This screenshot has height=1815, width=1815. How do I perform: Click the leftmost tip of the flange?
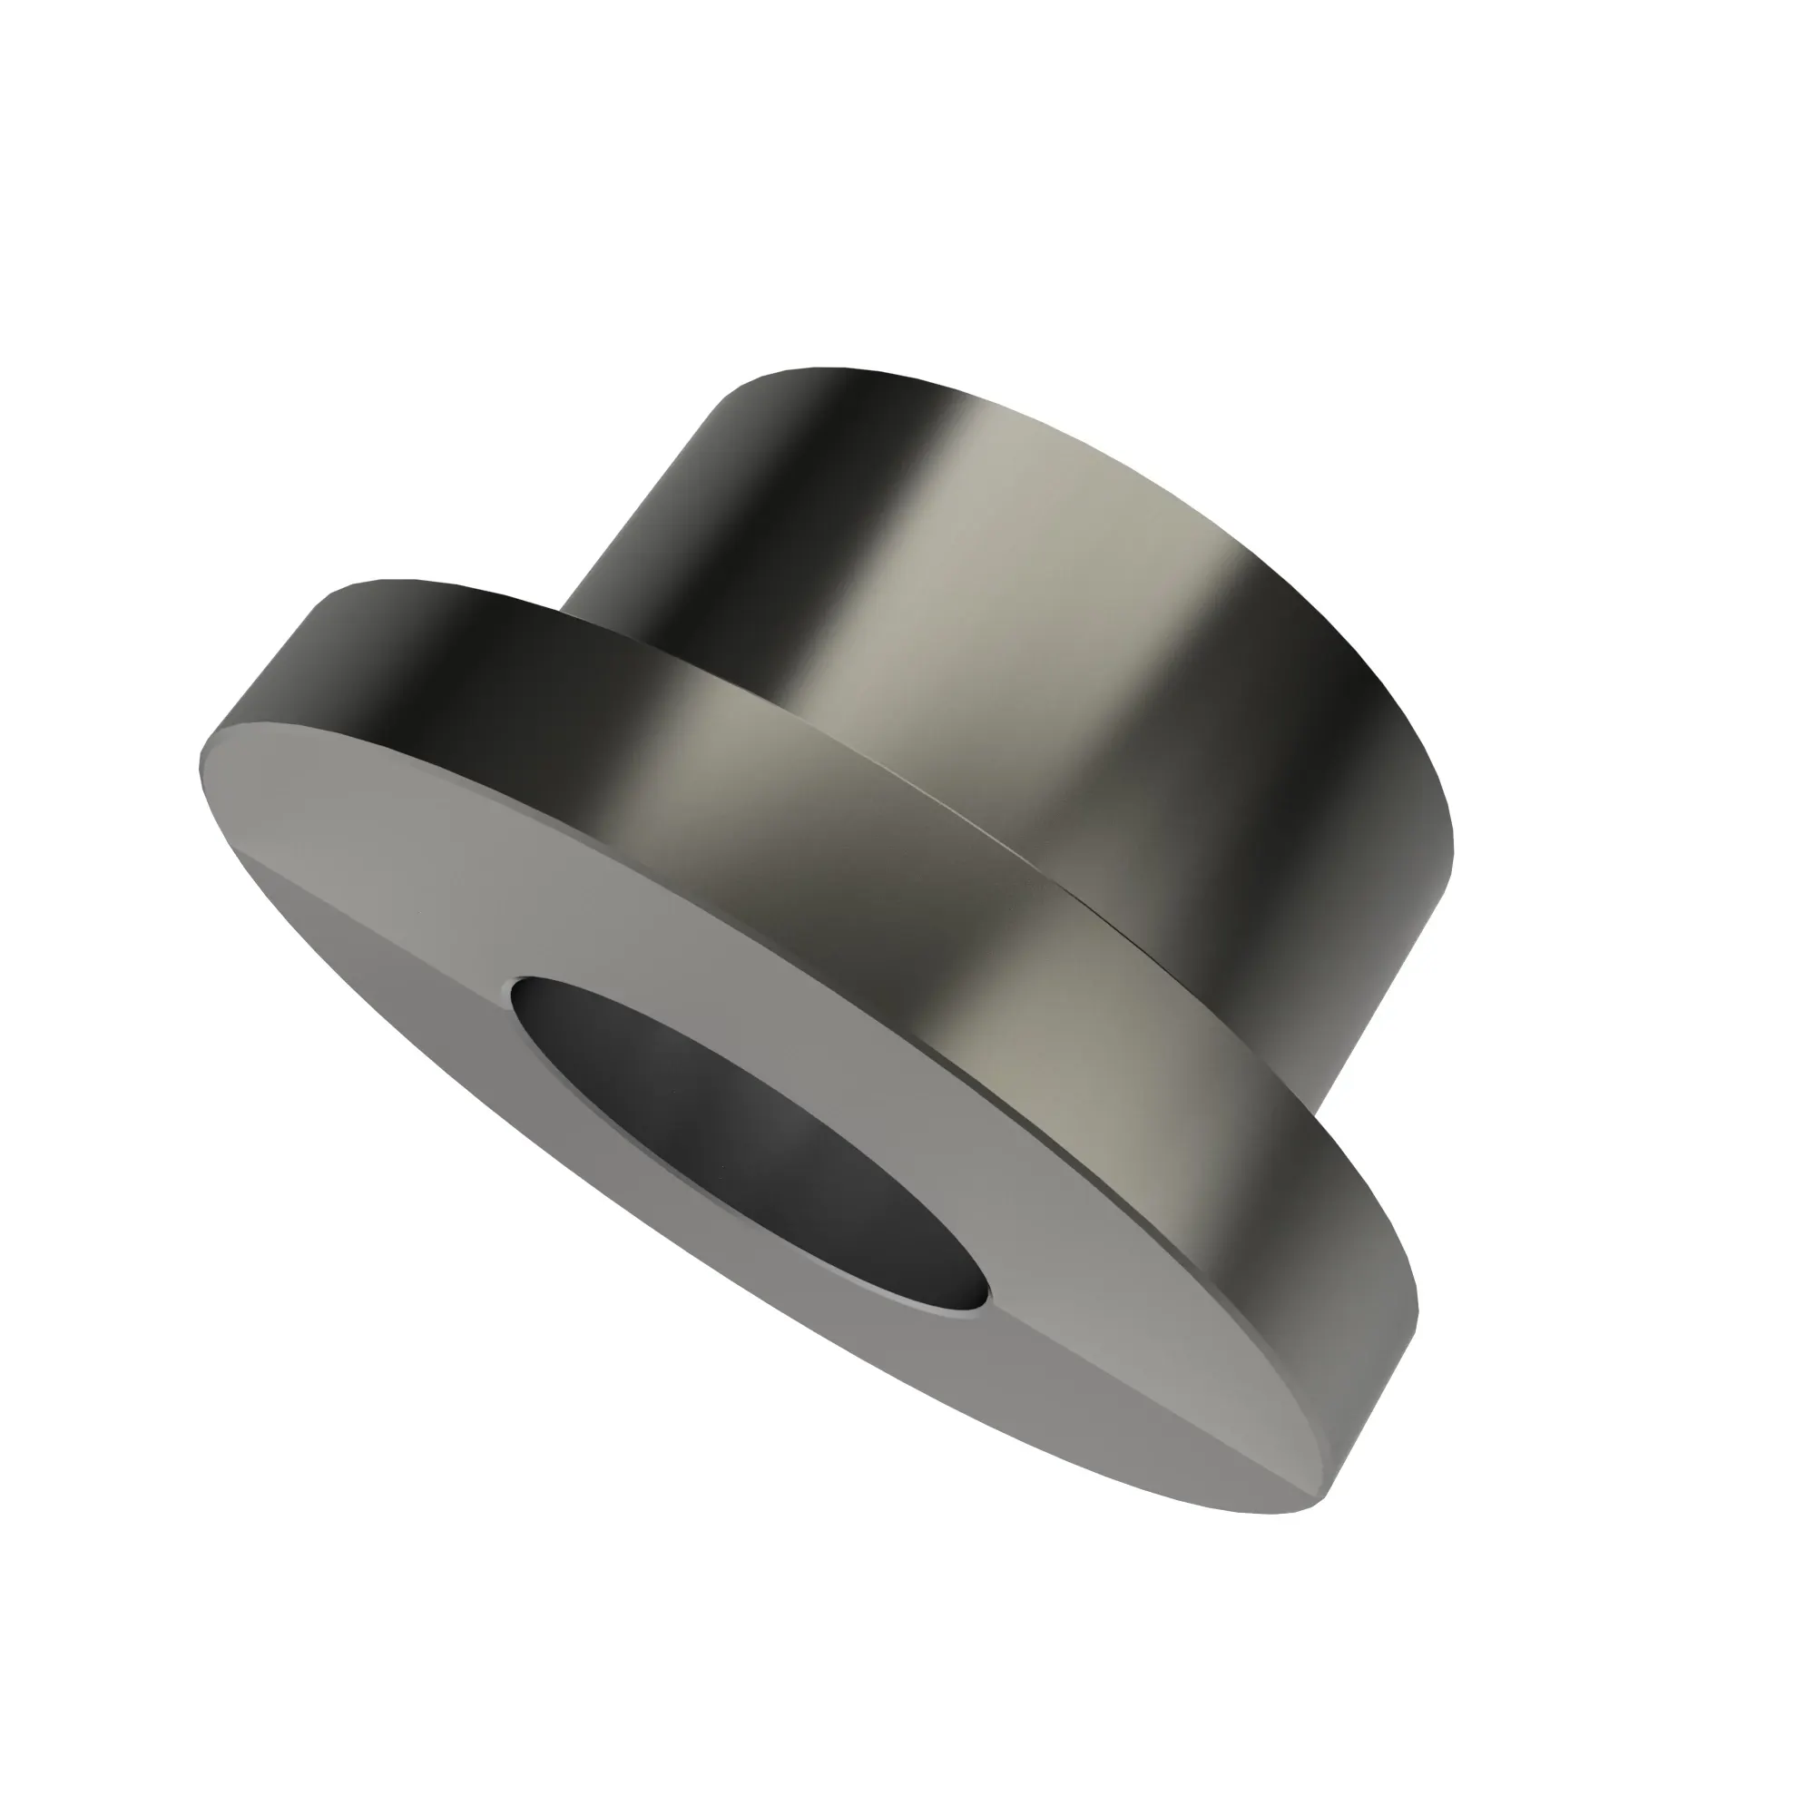[201, 766]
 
